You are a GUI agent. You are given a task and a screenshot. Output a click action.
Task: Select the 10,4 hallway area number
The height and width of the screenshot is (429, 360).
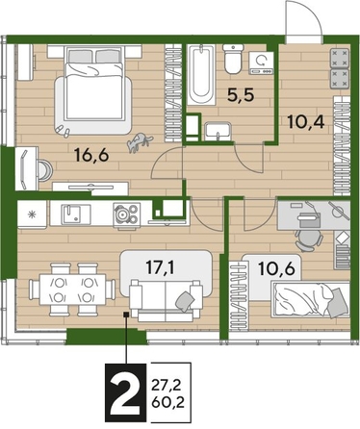point(308,122)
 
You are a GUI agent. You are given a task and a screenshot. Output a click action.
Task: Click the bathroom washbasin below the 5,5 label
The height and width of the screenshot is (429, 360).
point(218,130)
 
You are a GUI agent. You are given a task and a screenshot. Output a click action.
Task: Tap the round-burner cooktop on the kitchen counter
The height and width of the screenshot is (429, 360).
point(124,213)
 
